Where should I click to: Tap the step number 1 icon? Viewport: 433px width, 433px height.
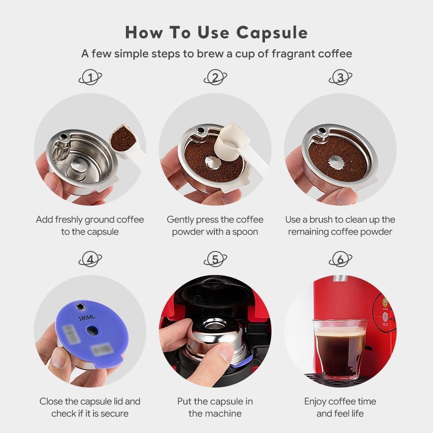(x=90, y=78)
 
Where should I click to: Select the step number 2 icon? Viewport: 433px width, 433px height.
(x=215, y=78)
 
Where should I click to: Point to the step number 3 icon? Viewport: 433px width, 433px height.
(x=340, y=78)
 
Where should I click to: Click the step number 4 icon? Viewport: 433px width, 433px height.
(x=90, y=259)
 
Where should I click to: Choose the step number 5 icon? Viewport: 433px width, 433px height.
(x=215, y=259)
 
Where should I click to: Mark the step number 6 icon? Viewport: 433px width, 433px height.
(x=340, y=259)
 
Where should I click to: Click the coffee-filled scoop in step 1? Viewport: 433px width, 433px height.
(x=123, y=139)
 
